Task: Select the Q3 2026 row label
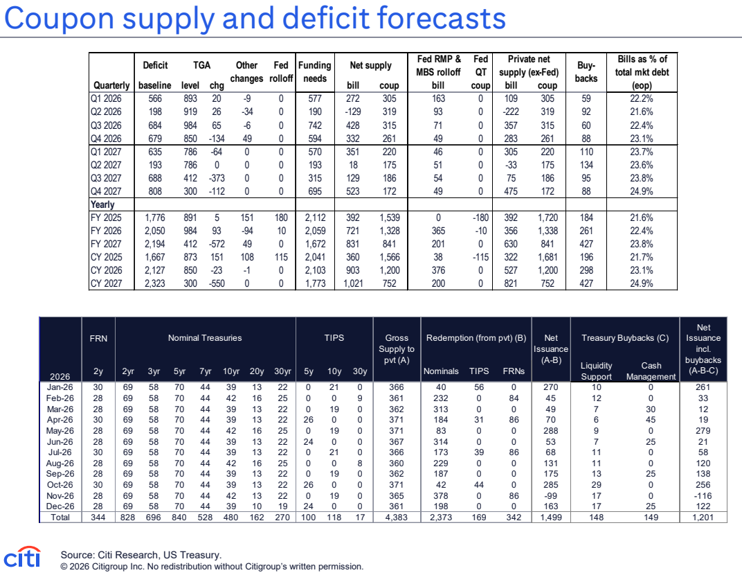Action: click(x=106, y=125)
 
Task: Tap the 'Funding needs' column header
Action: click(x=315, y=71)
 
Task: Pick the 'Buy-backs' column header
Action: click(x=586, y=71)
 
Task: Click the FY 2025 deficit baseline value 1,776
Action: click(x=155, y=218)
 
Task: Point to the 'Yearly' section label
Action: click(x=102, y=204)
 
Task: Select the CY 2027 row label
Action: click(x=106, y=283)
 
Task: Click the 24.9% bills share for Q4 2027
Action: click(x=641, y=191)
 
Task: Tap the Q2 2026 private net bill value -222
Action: click(x=511, y=112)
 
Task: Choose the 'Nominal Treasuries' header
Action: click(x=205, y=337)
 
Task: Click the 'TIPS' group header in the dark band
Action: click(x=334, y=337)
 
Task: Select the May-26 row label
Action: click(x=60, y=430)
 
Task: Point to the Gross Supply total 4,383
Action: click(x=397, y=517)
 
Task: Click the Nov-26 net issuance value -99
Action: click(x=551, y=495)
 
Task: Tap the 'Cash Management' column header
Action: click(x=651, y=371)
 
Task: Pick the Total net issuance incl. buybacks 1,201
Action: click(x=703, y=517)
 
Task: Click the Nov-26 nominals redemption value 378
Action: click(x=440, y=495)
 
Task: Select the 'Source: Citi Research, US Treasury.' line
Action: click(x=141, y=555)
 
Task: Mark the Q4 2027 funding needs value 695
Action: click(x=315, y=191)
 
